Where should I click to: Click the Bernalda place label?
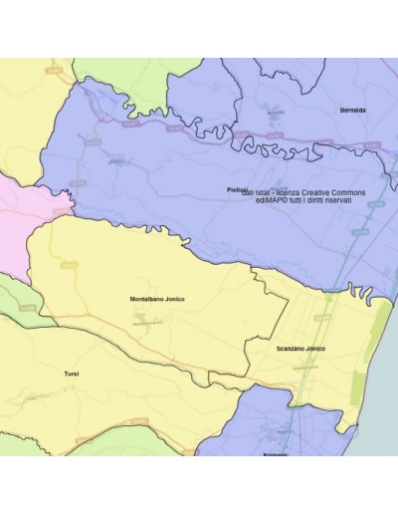(353, 110)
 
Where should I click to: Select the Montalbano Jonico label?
(158, 299)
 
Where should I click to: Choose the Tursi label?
(71, 374)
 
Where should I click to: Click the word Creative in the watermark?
(319, 192)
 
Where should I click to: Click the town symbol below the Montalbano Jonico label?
(149, 321)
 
